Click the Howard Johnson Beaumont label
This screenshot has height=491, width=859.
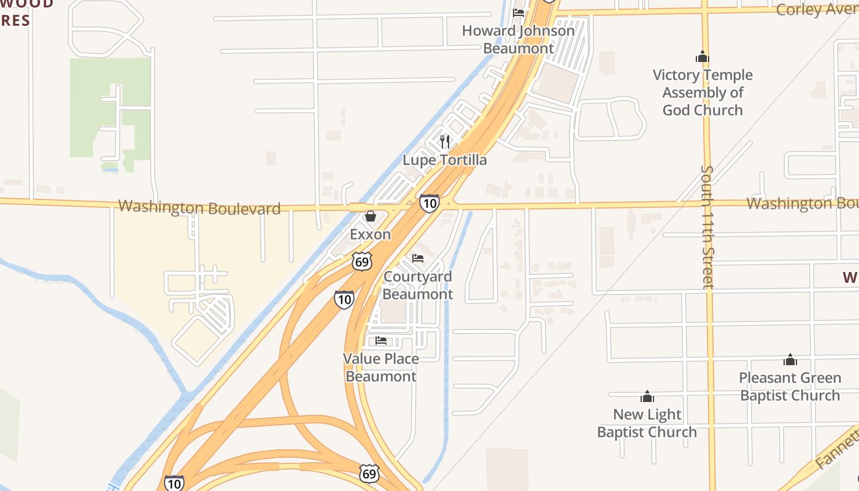coord(518,39)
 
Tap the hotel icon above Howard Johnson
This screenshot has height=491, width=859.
coord(518,12)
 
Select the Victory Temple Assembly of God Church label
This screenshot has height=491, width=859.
coord(703,93)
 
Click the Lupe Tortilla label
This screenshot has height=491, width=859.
coord(445,160)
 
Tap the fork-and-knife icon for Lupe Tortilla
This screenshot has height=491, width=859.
coord(445,142)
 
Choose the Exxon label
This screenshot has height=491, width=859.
coord(370,234)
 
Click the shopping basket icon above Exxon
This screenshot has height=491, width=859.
coord(370,216)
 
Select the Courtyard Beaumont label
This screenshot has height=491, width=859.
coord(418,285)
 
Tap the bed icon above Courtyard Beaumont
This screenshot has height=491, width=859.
coord(418,258)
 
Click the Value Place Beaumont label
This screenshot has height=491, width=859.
coord(381,368)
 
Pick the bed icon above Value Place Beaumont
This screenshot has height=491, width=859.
coord(381,341)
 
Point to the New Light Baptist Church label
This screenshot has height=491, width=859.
coord(647,423)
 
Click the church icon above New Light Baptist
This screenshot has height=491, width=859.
coord(647,396)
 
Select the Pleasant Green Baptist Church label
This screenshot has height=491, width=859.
coord(790,387)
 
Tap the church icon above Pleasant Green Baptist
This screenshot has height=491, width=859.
coord(790,360)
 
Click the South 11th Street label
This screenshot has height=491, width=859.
coord(707,226)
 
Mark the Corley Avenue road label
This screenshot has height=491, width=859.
coord(816,10)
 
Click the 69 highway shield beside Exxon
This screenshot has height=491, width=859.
coord(362,261)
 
